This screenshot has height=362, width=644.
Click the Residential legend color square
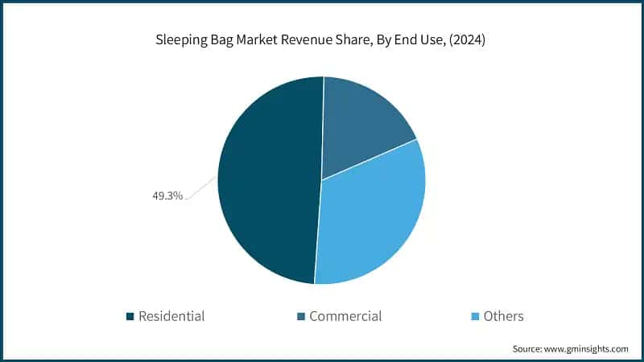pos(130,316)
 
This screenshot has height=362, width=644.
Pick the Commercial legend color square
pos(300,316)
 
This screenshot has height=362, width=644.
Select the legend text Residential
pos(171,316)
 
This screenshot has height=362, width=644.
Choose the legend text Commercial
pos(345,316)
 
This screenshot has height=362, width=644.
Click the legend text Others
pos(503,316)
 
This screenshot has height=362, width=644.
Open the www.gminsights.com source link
pos(587,348)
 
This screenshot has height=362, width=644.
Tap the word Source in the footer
pos(528,348)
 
